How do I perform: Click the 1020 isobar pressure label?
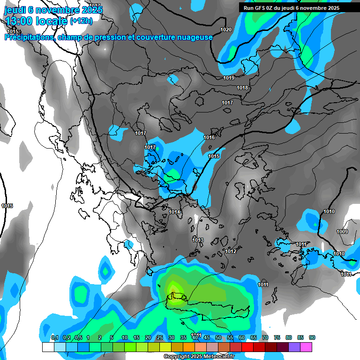[226, 30]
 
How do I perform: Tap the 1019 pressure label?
[229, 78]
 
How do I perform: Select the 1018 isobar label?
[242, 88]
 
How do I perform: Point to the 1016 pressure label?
[209, 137]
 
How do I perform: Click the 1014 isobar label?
[175, 212]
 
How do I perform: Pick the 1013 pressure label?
[198, 240]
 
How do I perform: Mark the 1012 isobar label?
[231, 252]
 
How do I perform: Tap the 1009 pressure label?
[342, 232]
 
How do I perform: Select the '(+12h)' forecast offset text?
[81, 21]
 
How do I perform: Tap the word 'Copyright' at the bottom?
[177, 357]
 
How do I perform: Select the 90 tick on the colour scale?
[312, 337]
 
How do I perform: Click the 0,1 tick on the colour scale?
[54, 337]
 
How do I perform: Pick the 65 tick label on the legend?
[254, 337]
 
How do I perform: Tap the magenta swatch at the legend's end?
[306, 347]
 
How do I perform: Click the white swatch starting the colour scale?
[48, 347]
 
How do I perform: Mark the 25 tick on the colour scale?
[160, 337]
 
